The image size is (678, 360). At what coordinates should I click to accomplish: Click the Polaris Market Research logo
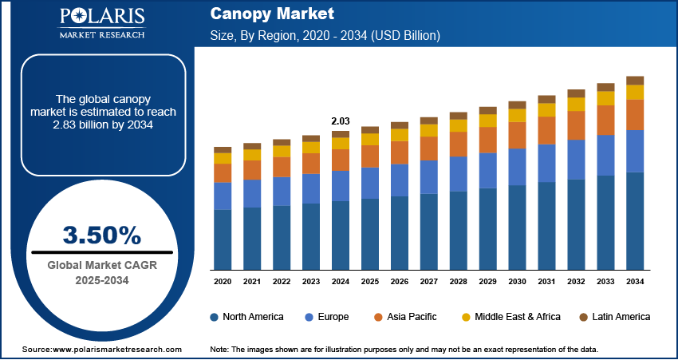tap(101, 23)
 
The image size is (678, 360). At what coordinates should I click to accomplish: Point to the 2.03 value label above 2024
tap(340, 121)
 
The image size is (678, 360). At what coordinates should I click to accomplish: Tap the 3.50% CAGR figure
tap(101, 235)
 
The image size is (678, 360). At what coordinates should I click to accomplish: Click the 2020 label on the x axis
tap(223, 282)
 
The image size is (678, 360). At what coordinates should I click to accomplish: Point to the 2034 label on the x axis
tap(635, 282)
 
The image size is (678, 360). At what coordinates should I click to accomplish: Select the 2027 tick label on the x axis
tap(429, 282)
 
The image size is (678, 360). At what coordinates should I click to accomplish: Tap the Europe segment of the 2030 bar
tap(518, 167)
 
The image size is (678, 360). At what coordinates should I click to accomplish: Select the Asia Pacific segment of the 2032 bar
tap(576, 125)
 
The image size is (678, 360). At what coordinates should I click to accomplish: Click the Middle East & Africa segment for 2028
tap(459, 125)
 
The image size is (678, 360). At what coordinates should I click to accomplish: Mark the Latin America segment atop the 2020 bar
tap(223, 150)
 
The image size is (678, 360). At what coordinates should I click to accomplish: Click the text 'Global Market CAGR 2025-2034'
tap(101, 272)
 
